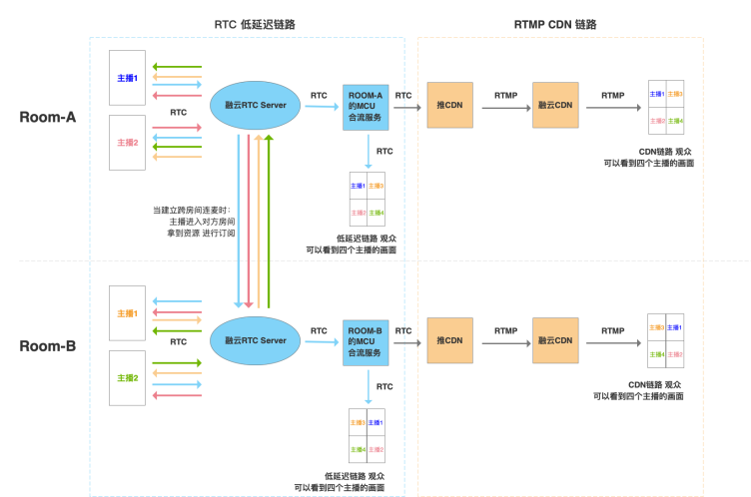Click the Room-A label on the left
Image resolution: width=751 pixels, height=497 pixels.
click(48, 117)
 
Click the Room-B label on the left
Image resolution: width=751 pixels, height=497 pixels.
click(48, 347)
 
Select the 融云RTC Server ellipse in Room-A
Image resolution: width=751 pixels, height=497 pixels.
click(256, 105)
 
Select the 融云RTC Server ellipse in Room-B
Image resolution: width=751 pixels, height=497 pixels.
click(256, 340)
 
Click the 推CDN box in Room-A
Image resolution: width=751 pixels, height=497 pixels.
click(449, 105)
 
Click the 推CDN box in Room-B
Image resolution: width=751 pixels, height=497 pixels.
click(449, 340)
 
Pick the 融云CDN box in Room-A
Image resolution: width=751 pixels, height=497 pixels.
click(555, 105)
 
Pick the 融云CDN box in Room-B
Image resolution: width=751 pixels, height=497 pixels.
click(555, 340)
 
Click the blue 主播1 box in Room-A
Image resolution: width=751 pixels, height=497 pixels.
click(128, 78)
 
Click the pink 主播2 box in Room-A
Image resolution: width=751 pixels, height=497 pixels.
click(128, 142)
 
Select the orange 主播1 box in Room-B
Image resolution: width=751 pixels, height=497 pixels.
click(128, 314)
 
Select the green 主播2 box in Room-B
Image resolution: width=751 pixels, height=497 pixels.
click(128, 378)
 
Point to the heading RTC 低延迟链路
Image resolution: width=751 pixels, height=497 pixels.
click(255, 24)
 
